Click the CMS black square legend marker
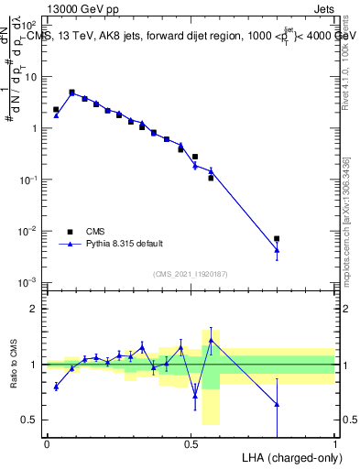(x=70, y=232)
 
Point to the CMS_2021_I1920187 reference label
(x=190, y=273)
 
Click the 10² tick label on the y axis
(x=29, y=25)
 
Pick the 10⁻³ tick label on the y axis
(x=29, y=281)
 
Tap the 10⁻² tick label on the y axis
(x=29, y=230)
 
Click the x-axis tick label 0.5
(x=191, y=444)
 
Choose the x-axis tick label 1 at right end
(x=334, y=444)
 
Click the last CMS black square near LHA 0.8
(x=277, y=238)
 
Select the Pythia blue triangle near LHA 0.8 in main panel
(x=277, y=249)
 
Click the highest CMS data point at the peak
(x=71, y=92)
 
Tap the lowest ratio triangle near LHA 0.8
(x=277, y=404)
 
